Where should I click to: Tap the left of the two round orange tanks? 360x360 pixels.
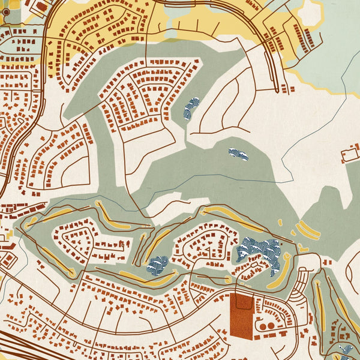click(263, 326)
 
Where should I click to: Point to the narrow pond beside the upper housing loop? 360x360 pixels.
click(191, 109)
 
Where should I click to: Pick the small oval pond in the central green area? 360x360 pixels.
click(238, 154)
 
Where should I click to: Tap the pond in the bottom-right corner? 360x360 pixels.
click(346, 351)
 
